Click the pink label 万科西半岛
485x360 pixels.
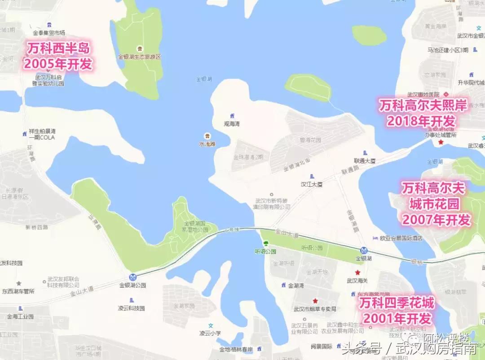(x=58, y=48)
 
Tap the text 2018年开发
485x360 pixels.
(x=421, y=121)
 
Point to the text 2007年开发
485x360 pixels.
(x=436, y=220)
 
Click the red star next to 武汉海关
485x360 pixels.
(x=357, y=272)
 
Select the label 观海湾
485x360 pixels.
(x=232, y=123)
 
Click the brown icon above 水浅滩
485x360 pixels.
(x=207, y=136)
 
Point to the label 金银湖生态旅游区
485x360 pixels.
(x=139, y=57)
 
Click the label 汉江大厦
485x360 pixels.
(x=312, y=184)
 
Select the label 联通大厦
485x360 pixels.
(x=364, y=160)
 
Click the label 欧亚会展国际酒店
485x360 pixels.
(x=401, y=238)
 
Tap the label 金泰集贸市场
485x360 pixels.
(x=49, y=33)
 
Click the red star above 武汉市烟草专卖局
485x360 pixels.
(x=315, y=301)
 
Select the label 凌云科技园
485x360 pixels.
(x=131, y=308)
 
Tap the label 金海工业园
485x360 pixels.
(x=20, y=316)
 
